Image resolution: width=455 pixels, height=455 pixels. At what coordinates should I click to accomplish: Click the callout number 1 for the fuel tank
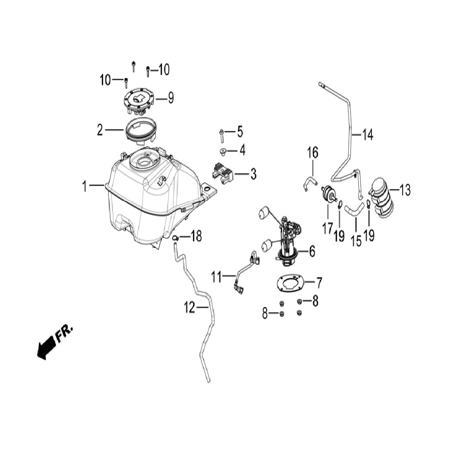point(84,186)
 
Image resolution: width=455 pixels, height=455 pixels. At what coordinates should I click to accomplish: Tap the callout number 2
point(100,130)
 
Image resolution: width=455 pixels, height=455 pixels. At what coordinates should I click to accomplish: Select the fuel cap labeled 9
point(138,102)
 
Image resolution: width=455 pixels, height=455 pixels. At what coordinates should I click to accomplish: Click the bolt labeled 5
point(221,136)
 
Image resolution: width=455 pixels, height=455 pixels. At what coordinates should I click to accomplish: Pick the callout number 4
point(242,150)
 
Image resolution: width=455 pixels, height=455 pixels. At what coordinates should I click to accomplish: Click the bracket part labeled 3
point(223,174)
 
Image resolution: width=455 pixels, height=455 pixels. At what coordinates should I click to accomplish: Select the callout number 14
point(367,135)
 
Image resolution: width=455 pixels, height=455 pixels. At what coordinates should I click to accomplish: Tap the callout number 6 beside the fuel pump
point(312,251)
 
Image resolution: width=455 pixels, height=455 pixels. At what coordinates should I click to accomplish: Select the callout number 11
point(216,277)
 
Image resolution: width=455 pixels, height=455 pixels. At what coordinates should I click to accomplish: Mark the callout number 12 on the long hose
point(190,307)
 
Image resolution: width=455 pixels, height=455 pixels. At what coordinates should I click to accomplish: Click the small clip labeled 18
point(175,238)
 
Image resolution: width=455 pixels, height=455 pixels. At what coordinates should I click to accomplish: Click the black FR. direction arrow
point(46,348)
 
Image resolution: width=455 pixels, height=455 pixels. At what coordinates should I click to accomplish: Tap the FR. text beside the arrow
point(64,333)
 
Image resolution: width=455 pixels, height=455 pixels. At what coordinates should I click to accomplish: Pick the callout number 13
point(405,190)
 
